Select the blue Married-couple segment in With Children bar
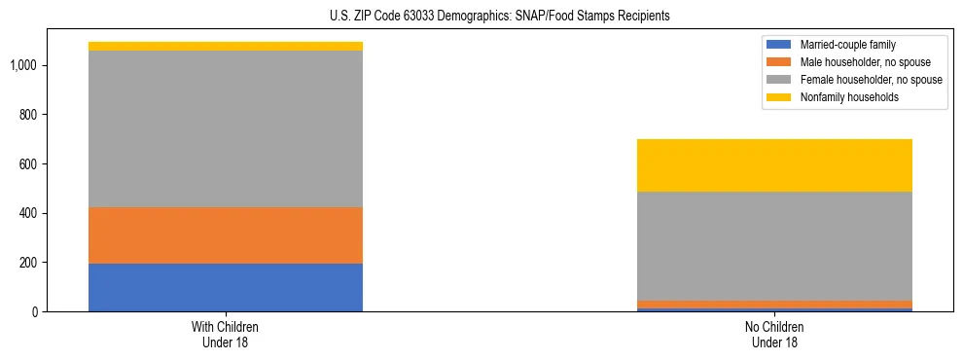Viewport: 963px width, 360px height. [226, 287]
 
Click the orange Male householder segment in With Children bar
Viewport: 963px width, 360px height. [226, 235]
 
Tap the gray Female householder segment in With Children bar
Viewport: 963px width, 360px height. [226, 128]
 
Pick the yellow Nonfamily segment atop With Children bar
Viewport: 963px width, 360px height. [226, 46]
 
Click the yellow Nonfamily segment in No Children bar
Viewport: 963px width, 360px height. [775, 165]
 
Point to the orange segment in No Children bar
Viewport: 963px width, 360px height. [775, 305]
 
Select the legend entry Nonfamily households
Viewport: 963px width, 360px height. [842, 97]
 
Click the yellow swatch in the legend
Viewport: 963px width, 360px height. [779, 97]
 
